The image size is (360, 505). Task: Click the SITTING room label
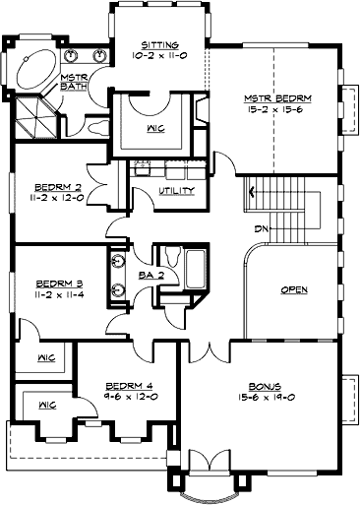coord(158,45)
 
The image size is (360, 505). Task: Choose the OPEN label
coord(295,290)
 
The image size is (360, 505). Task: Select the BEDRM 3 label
coord(56,282)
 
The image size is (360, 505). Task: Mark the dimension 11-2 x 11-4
coord(56,292)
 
